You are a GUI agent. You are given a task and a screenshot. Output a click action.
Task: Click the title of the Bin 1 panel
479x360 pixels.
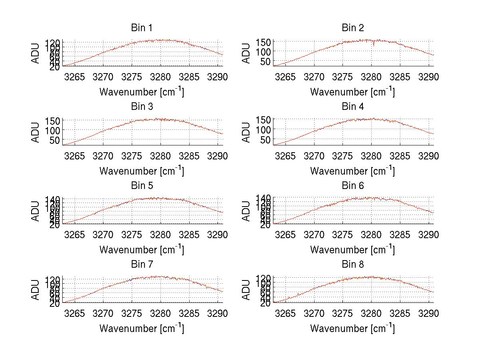click(142, 28)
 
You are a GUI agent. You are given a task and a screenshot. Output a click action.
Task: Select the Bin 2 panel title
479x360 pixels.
click(353, 28)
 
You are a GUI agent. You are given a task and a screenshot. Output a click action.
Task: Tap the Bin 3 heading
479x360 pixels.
click(142, 107)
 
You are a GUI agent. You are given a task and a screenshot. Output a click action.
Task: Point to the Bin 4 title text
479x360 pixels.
click(353, 107)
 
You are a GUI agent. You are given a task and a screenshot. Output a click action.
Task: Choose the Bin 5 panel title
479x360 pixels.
click(142, 186)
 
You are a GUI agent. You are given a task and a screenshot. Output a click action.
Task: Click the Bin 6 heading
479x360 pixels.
click(353, 186)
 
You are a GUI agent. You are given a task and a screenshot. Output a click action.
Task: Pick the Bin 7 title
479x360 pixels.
click(142, 265)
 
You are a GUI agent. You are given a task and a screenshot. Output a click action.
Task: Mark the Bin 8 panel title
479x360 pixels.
click(353, 265)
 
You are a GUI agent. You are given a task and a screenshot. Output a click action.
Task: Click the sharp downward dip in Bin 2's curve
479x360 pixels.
click(374, 45)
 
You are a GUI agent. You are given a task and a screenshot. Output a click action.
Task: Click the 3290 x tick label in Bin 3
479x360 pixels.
click(218, 156)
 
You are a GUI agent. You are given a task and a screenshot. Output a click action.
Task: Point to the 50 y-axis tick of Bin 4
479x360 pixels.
click(267, 140)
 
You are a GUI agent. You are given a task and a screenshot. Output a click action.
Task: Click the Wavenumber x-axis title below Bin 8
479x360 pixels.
click(352, 328)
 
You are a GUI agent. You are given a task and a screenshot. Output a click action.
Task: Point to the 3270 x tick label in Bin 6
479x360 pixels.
click(315, 235)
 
